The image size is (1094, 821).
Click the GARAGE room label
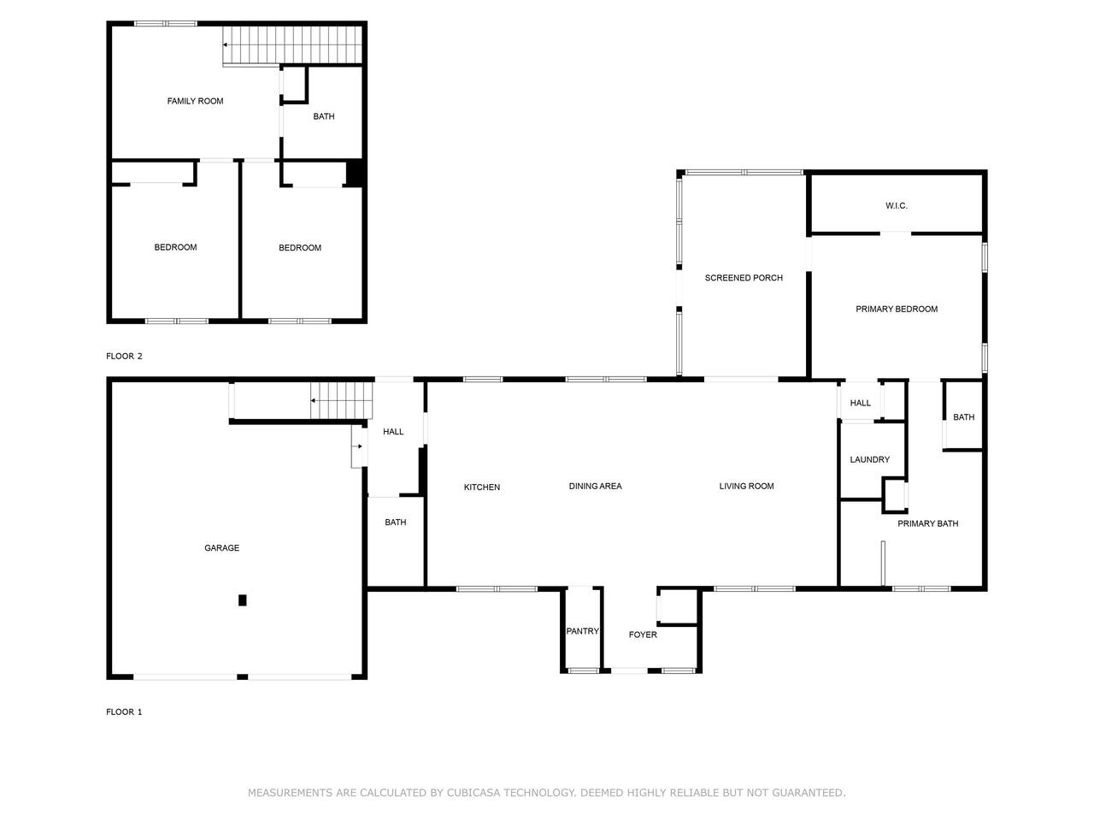point(221,548)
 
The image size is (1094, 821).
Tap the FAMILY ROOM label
point(195,101)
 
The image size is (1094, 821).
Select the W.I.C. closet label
point(896,205)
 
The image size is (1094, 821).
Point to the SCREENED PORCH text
point(744,278)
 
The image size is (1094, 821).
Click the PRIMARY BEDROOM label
point(897,309)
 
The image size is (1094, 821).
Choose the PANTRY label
point(582,631)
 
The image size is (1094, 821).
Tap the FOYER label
point(643,635)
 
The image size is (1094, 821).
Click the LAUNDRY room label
point(870,459)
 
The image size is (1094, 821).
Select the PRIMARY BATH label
point(928,523)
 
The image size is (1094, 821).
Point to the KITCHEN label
point(482,487)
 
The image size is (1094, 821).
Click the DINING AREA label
point(595,486)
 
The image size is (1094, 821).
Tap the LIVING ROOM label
point(747,486)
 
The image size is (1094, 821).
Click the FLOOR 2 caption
point(124,356)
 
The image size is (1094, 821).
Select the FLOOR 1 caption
point(124,712)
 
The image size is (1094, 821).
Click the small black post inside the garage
point(243,600)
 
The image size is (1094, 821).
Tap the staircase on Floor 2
point(292,44)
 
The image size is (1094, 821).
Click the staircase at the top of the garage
point(342,400)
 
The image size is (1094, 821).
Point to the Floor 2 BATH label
point(324,116)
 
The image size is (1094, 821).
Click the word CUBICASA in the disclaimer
point(473,793)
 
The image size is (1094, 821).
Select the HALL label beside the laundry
point(861,403)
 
